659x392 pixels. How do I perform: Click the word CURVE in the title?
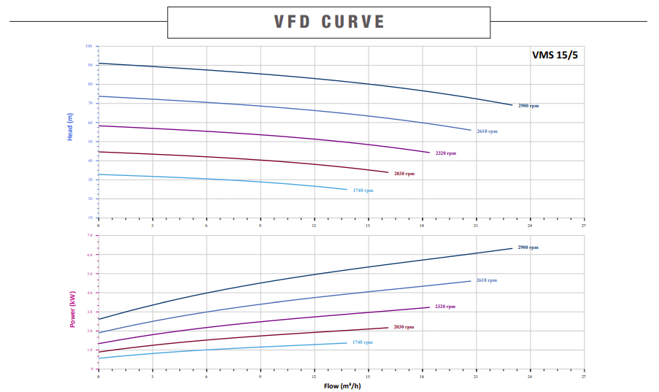tap(353, 22)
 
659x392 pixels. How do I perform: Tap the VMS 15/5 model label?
tap(554, 55)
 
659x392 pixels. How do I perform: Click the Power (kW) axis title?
tap(72, 308)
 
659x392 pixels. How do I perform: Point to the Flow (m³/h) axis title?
tap(342, 385)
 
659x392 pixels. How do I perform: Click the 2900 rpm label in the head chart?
tap(528, 106)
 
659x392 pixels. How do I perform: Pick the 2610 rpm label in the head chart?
tap(487, 131)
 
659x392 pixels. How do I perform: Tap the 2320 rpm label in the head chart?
tap(445, 153)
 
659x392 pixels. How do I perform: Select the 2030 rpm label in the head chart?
tap(404, 174)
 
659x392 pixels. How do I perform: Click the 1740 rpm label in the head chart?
tap(363, 191)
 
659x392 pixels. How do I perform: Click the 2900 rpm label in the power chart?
tap(528, 247)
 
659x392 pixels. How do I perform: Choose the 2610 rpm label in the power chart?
tap(487, 280)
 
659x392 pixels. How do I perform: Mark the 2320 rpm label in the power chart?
tap(444, 307)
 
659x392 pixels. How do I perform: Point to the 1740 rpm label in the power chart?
tap(362, 342)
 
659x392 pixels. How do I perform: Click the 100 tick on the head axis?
tap(89, 46)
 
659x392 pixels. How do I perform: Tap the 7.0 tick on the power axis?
tap(90, 236)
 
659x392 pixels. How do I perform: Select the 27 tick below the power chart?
tap(584, 377)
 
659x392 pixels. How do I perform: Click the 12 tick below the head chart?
tap(314, 224)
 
